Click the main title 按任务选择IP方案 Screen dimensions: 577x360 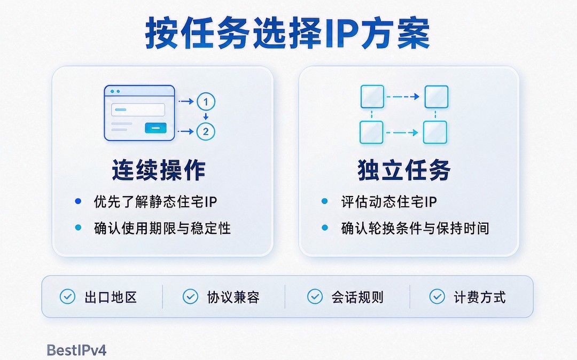click(287, 34)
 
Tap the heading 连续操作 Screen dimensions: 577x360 click(159, 170)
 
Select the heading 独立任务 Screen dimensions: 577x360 click(404, 170)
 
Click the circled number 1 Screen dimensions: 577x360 click(206, 102)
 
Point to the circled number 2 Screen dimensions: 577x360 click(206, 131)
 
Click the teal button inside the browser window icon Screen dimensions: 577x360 click(155, 128)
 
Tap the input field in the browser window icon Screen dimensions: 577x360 click(138, 109)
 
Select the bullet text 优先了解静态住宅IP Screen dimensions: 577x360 click(155, 201)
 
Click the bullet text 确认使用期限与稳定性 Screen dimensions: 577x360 click(162, 228)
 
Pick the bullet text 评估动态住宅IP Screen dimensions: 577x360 click(389, 201)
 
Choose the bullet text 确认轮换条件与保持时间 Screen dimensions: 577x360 click(415, 228)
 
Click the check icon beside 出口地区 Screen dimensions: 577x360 click(67, 296)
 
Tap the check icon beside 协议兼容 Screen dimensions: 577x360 click(190, 296)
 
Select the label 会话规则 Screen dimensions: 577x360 click(357, 297)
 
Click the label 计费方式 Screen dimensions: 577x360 click(479, 297)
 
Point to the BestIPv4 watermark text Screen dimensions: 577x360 click(76, 350)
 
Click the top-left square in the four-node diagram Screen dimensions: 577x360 click(372, 97)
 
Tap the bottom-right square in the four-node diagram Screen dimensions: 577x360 click(435, 132)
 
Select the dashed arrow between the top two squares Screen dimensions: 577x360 click(403, 97)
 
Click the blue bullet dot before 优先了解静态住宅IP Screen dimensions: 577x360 click(78, 201)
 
